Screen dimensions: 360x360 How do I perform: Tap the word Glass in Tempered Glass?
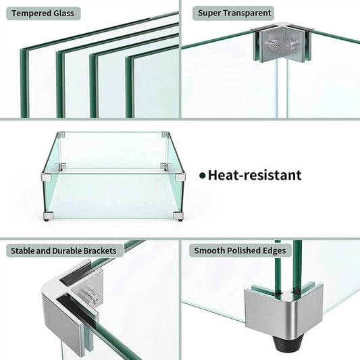(x=65, y=13)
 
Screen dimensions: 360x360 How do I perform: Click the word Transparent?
(x=248, y=13)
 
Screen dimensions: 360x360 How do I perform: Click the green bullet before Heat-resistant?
(x=202, y=176)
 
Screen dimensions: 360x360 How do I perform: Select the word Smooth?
(x=209, y=251)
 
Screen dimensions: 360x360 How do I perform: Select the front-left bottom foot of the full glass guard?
(x=47, y=216)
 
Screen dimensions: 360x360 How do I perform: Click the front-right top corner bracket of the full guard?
(x=179, y=177)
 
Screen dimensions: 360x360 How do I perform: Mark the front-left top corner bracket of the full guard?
(x=47, y=177)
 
